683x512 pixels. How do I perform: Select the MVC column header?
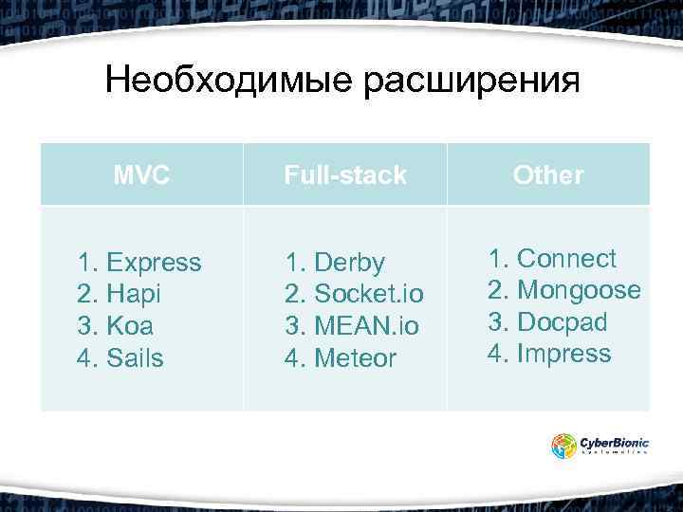pyautogui.click(x=141, y=174)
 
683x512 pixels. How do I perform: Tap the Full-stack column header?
pyautogui.click(x=345, y=174)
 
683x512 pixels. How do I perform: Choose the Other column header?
pyautogui.click(x=548, y=174)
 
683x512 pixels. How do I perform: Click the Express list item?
pyautogui.click(x=154, y=262)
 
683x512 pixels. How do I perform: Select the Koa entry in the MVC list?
pyautogui.click(x=131, y=326)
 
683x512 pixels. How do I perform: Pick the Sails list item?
pyautogui.click(x=136, y=358)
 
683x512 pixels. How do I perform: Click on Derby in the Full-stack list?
pyautogui.click(x=349, y=262)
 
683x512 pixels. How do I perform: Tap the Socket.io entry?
pyautogui.click(x=368, y=294)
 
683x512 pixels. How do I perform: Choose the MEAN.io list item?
pyautogui.click(x=366, y=326)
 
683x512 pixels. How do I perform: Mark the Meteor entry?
pyautogui.click(x=355, y=358)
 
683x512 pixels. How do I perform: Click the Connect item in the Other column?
pyautogui.click(x=566, y=258)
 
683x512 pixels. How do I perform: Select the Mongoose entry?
pyautogui.click(x=579, y=290)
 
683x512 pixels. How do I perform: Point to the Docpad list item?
pyautogui.click(x=563, y=322)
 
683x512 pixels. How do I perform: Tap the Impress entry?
pyautogui.click(x=564, y=355)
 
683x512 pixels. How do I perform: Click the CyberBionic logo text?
pyautogui.click(x=614, y=441)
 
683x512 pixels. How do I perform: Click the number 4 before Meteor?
pyautogui.click(x=292, y=358)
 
